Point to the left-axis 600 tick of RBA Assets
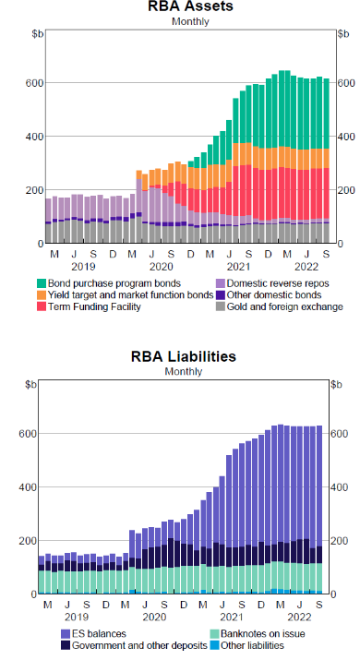click(32, 83)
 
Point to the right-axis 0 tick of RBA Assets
click(333, 244)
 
